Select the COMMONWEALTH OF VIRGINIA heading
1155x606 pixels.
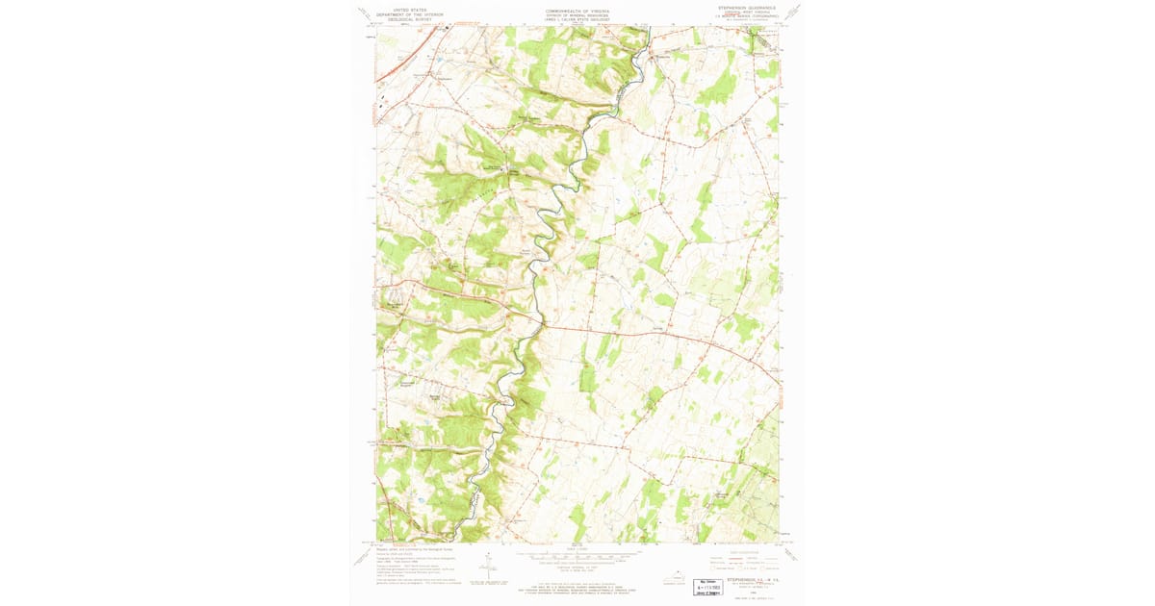pos(577,10)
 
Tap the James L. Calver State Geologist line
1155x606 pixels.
pos(577,19)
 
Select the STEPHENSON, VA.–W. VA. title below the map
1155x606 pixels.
pos(752,579)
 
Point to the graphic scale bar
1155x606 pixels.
pos(577,557)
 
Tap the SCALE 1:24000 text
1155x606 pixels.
pos(577,549)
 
